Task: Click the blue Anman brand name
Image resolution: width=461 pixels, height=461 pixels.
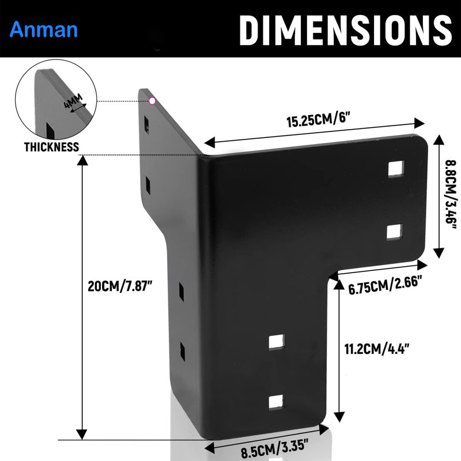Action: (x=44, y=30)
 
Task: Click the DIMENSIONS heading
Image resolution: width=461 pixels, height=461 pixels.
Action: (x=345, y=31)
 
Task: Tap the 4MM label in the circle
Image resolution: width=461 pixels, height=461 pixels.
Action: (x=73, y=100)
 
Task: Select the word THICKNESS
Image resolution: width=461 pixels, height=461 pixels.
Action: (x=51, y=147)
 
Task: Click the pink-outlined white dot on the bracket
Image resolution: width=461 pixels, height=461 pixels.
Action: (x=152, y=101)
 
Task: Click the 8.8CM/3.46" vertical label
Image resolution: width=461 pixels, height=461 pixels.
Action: (x=451, y=195)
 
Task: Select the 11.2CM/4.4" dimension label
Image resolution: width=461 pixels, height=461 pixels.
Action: (x=377, y=349)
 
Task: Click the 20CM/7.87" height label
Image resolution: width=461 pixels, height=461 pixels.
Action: (x=120, y=286)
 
